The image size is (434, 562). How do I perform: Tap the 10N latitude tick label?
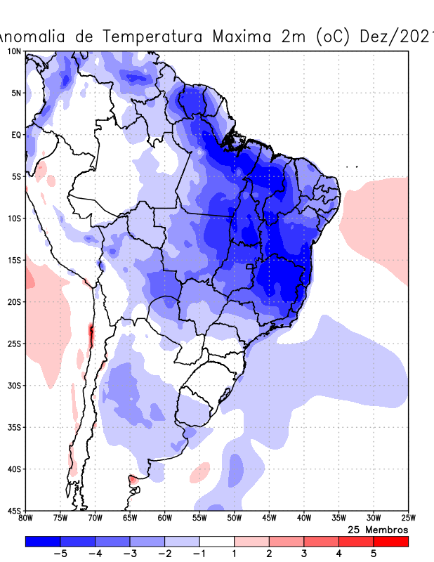pos(14,51)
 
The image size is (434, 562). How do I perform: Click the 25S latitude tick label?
pos(14,344)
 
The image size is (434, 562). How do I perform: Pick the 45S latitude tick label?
pos(14,511)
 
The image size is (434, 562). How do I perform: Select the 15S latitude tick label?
pos(14,260)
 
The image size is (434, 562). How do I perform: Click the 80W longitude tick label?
pos(26,518)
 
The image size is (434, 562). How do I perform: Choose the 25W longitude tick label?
pos(407,518)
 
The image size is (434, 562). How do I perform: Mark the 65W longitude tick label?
pos(130,518)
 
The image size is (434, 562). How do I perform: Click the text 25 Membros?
pos(378,529)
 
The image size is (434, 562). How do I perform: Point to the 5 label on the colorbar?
pos(373,554)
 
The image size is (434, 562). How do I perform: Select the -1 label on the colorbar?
pos(199,554)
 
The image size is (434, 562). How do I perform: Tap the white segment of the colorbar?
pos(216,542)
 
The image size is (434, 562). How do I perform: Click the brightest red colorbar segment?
pos(390,542)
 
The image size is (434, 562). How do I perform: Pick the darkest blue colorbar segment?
pos(42,542)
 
